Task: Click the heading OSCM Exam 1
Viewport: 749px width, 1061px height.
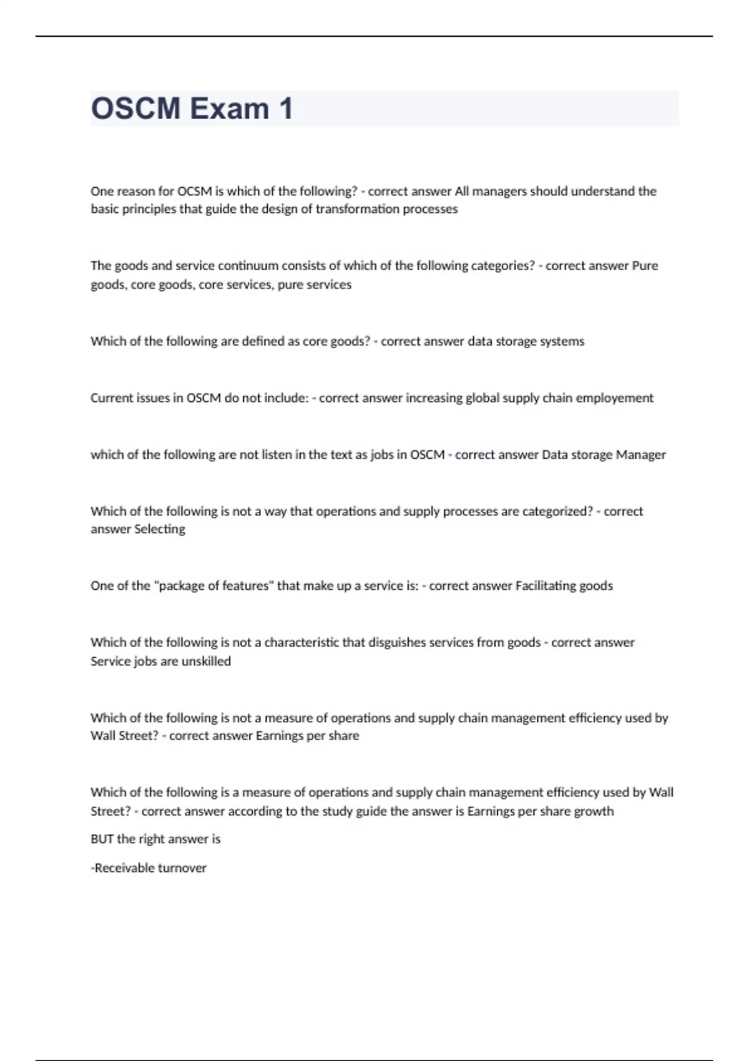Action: click(x=192, y=109)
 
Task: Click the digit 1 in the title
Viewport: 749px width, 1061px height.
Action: click(x=286, y=109)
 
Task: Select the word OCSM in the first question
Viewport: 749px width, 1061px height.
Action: click(x=195, y=191)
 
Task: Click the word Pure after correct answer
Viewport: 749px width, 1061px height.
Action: click(x=645, y=266)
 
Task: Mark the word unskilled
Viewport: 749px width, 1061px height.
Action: click(x=206, y=662)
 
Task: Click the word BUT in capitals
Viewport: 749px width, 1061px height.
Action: click(x=102, y=839)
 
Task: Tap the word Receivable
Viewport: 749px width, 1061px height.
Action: click(x=121, y=868)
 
